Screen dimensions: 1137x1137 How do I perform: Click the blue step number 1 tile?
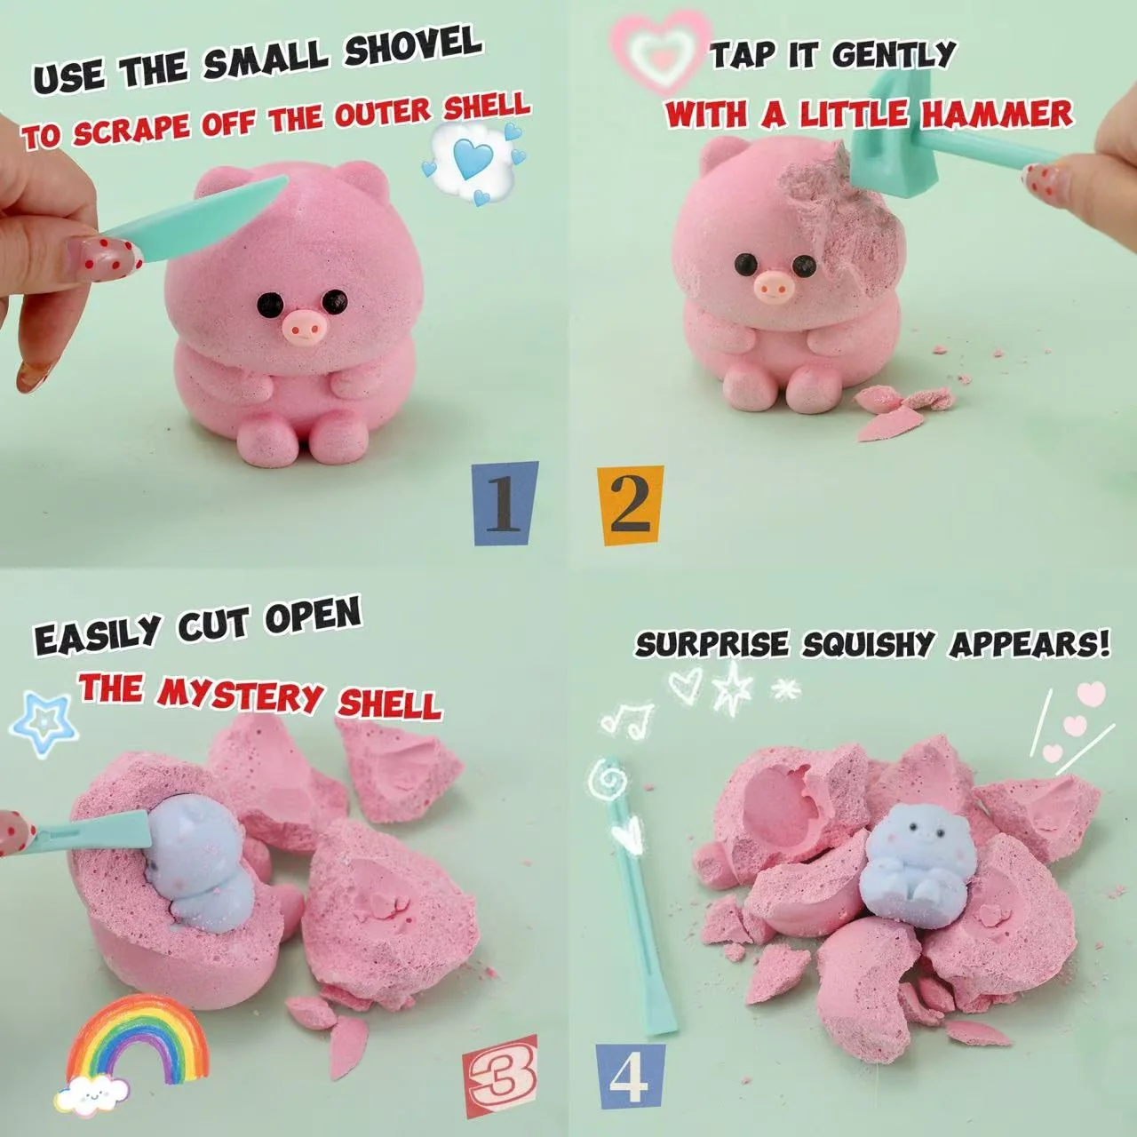[x=505, y=504]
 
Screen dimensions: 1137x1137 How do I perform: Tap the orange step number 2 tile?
[x=629, y=505]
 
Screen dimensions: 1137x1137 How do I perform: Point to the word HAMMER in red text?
[x=997, y=115]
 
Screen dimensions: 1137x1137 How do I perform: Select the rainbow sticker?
[x=137, y=1034]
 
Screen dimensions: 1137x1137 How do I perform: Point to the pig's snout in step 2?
[x=774, y=285]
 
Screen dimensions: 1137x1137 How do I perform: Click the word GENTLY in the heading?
[x=895, y=55]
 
